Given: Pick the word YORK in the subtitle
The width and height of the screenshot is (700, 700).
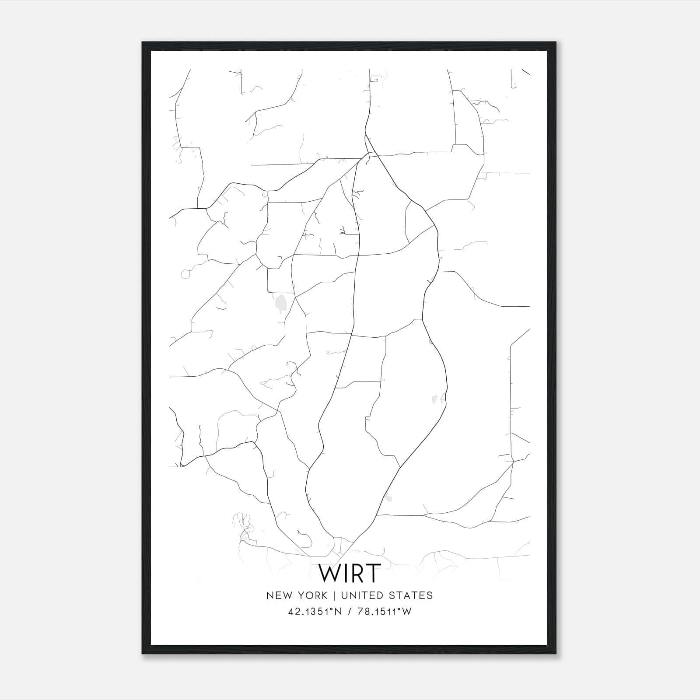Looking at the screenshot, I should click(x=312, y=595).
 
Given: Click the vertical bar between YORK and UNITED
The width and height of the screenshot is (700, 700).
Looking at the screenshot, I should click(x=334, y=595).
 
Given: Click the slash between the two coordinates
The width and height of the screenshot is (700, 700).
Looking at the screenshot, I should click(x=349, y=612).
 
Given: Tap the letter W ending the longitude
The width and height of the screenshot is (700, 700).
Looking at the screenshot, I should click(x=407, y=612).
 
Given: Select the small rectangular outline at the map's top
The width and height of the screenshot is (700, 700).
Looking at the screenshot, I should click(x=374, y=80).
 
